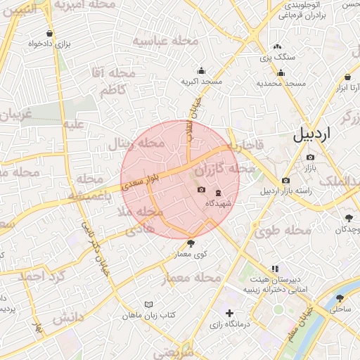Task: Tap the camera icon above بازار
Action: click(x=311, y=156)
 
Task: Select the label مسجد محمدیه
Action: click(x=281, y=84)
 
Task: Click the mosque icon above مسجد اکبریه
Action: click(x=202, y=70)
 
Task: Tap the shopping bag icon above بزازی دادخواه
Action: click(x=49, y=33)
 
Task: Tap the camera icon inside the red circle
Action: click(x=201, y=190)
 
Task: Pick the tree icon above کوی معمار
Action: click(x=190, y=243)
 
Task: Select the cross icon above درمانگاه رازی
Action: click(x=229, y=314)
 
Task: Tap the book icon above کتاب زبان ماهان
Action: click(x=148, y=304)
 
